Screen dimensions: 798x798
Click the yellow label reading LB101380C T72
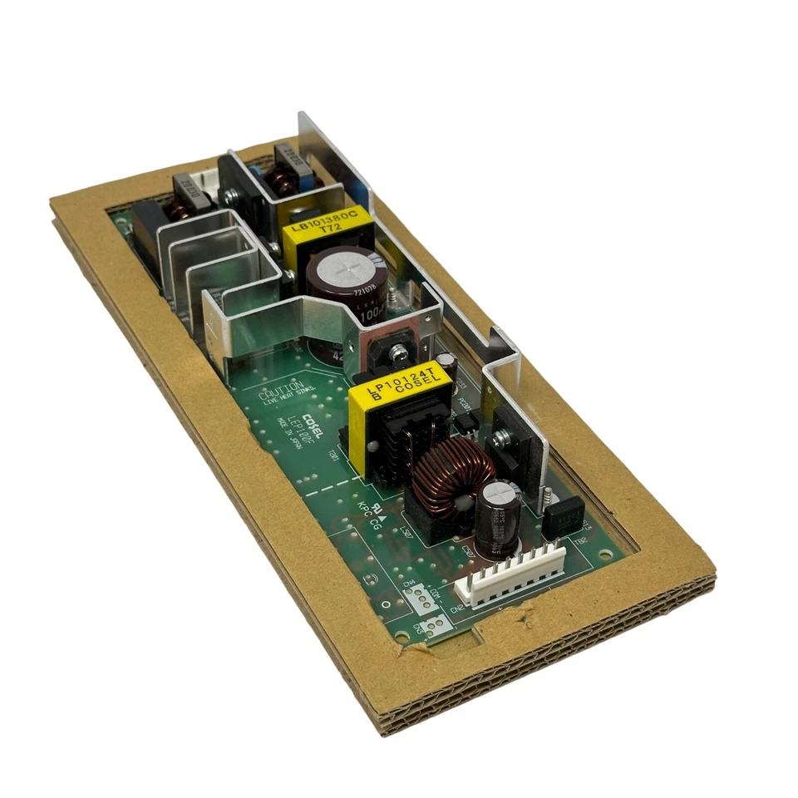[327, 225]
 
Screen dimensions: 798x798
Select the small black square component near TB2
[564, 517]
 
